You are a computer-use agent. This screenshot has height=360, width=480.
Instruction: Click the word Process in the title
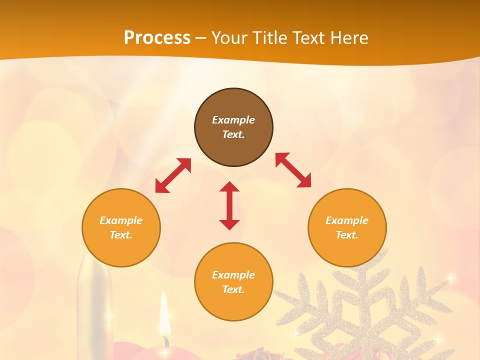click(157, 37)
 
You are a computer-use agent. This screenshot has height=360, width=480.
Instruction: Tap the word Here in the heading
click(348, 37)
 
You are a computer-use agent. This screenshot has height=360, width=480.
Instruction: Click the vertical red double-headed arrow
click(229, 205)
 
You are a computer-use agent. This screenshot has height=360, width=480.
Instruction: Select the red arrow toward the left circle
click(173, 175)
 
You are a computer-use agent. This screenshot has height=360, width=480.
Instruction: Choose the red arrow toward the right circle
click(293, 170)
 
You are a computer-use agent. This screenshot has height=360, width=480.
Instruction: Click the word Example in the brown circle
click(233, 120)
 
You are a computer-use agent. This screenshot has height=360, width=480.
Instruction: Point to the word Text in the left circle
click(121, 235)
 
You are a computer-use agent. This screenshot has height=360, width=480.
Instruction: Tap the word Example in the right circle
click(347, 220)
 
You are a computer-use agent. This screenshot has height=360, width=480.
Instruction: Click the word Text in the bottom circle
click(233, 289)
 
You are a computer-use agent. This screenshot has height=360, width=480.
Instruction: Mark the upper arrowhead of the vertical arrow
click(229, 187)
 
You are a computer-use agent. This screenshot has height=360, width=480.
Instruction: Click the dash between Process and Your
click(200, 38)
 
